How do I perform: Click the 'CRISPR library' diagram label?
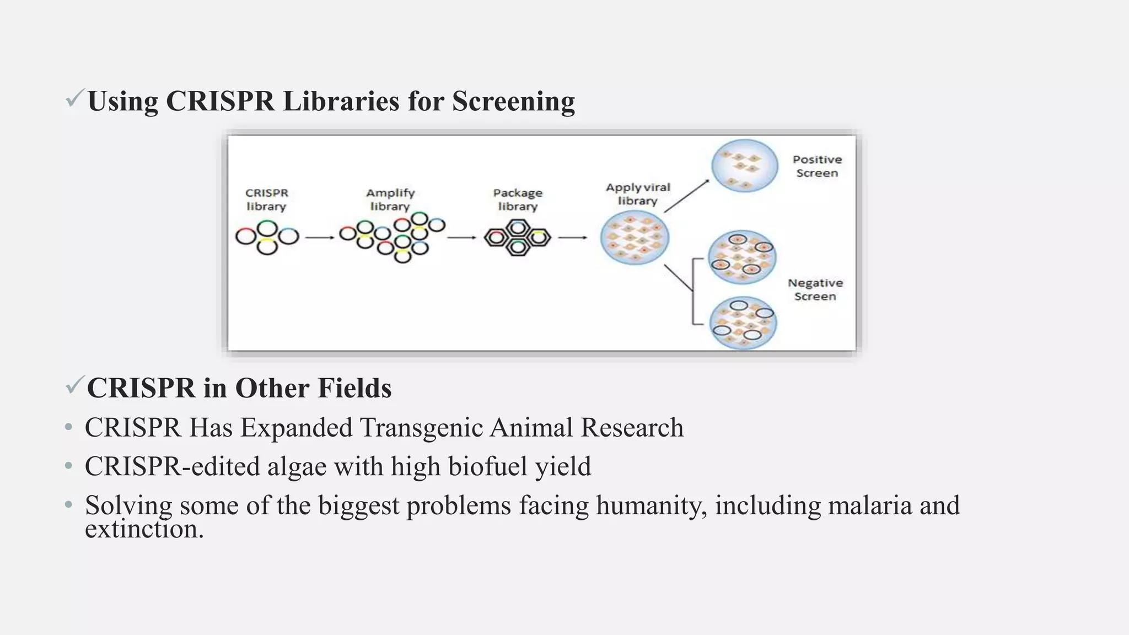pos(266,200)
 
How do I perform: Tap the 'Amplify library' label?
pos(390,200)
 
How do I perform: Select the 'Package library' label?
pos(518,200)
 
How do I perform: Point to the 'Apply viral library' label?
pos(638,194)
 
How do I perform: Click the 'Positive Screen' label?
pos(817,166)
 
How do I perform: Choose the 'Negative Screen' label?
pos(815,289)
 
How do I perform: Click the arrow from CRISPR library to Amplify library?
pos(320,238)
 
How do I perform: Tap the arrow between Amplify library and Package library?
pos(461,238)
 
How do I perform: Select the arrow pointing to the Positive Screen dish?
pos(686,196)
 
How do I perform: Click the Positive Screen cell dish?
pos(744,165)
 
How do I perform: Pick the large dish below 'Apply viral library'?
pos(635,238)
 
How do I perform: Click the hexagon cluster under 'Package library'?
pos(517,238)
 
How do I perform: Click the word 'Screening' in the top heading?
pos(513,101)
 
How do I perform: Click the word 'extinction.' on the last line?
pos(144,529)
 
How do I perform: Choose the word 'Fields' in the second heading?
pos(354,388)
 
